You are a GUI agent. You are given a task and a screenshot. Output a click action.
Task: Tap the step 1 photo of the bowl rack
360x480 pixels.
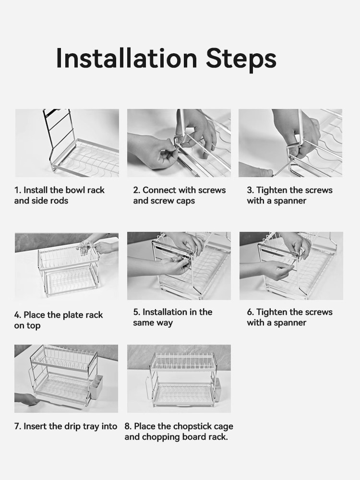pos(67,143)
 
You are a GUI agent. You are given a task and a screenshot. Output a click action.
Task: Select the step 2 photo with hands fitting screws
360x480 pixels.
pos(179,143)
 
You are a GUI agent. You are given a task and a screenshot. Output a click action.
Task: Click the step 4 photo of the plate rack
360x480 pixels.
pos(67,266)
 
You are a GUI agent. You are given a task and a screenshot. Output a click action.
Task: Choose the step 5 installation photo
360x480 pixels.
pos(179,266)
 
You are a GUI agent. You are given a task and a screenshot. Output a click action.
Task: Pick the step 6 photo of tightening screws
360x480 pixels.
pos(291,266)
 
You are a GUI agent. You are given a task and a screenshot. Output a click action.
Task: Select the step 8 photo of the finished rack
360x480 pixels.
pos(179,379)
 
